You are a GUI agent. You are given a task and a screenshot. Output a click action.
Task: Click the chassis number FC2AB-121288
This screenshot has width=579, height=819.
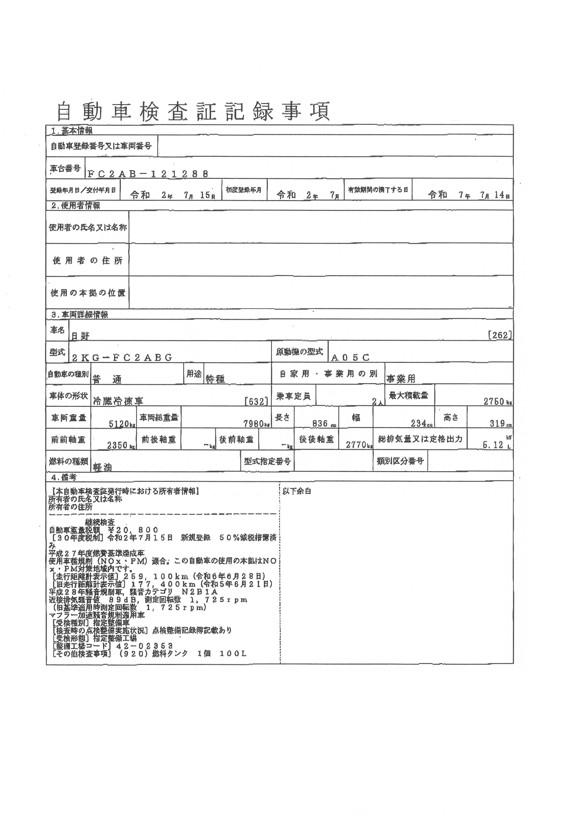148,174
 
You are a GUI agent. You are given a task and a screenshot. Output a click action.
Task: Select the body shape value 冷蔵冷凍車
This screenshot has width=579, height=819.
118,401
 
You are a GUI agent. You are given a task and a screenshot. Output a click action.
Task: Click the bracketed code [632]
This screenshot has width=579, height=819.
256,401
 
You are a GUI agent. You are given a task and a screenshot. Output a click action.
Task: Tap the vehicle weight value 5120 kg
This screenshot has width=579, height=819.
121,424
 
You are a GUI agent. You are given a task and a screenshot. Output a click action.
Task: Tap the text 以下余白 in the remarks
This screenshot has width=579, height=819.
297,491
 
